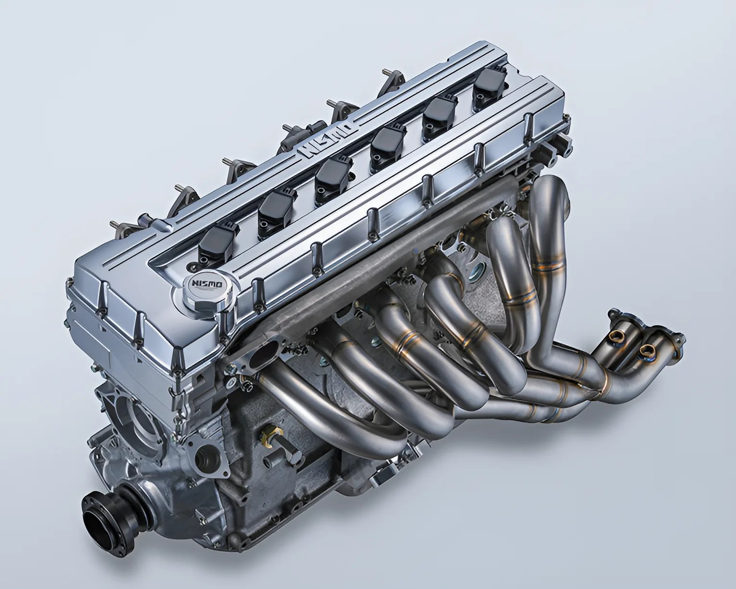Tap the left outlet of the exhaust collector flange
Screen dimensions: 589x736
point(620,335)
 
